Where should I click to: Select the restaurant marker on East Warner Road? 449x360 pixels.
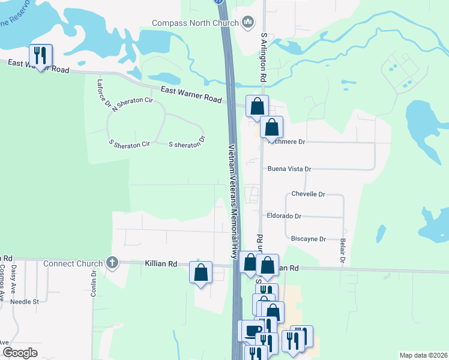[x=41, y=56]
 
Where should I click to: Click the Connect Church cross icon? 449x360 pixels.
[x=111, y=263]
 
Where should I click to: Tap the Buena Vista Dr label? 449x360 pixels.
[x=289, y=169]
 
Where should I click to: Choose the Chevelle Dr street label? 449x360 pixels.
[x=308, y=194]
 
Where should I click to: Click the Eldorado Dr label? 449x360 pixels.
[x=284, y=216]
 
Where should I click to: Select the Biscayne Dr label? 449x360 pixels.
[x=308, y=239]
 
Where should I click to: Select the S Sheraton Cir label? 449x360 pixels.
[x=129, y=144]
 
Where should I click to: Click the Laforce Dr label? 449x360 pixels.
[x=101, y=94]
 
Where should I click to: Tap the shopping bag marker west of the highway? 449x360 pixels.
[x=201, y=272]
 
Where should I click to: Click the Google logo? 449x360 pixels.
[x=20, y=353]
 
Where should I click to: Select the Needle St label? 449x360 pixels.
[x=25, y=302]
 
